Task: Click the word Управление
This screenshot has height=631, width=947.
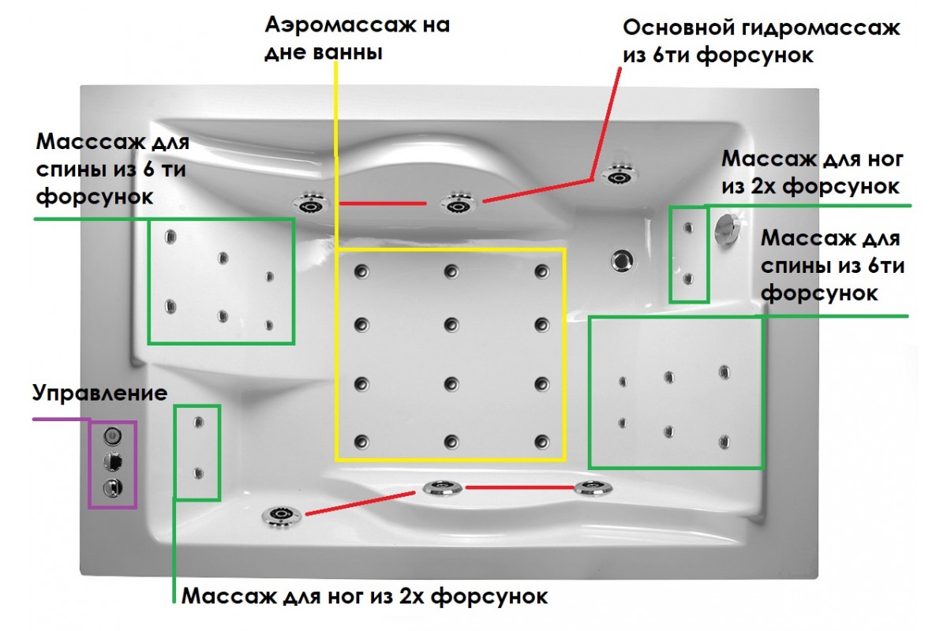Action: tap(99, 393)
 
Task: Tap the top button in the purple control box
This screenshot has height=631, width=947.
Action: tap(112, 435)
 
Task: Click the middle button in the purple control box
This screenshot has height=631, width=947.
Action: tap(112, 461)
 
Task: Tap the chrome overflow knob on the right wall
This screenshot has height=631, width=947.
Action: tap(725, 228)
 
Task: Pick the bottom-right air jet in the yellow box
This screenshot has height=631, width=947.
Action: tap(541, 441)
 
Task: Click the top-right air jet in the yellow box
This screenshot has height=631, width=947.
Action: tap(541, 271)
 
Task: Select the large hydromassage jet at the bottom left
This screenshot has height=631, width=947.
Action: tap(281, 516)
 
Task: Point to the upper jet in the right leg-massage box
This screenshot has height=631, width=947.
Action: tap(688, 228)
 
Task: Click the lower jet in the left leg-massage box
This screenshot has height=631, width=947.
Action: tap(197, 472)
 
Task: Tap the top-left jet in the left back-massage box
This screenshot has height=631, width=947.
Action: tap(170, 236)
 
